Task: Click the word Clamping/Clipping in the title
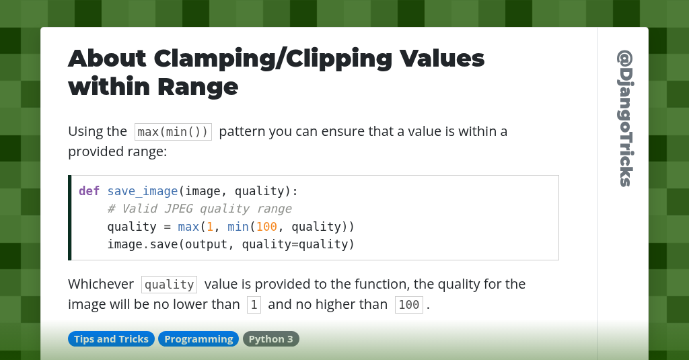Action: [x=273, y=59]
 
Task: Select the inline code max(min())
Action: [x=173, y=131]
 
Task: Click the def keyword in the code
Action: [x=89, y=191]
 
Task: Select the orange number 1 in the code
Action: [x=209, y=226]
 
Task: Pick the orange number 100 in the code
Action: [x=266, y=226]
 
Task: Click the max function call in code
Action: [x=188, y=226]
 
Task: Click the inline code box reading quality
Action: [x=169, y=285]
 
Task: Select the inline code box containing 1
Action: [x=254, y=305]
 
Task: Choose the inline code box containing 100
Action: [x=408, y=305]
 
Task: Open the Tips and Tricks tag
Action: [x=111, y=339]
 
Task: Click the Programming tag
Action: [x=198, y=339]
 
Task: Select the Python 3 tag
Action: [x=270, y=339]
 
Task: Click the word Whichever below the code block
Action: [x=101, y=284]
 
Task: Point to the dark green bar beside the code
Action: [x=69, y=217]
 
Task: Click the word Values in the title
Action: [x=442, y=59]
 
